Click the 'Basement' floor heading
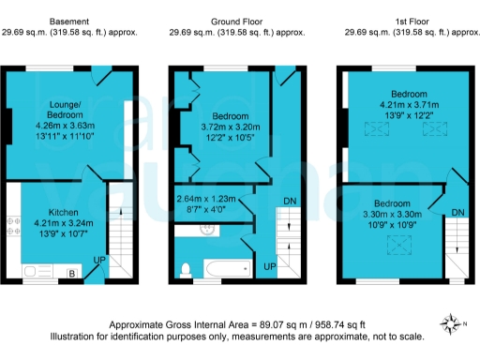coord(70,20)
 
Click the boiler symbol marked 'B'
coord(73,274)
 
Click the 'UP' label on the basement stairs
coord(97,259)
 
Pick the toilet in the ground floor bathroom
coord(185,270)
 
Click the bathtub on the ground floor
coord(224,271)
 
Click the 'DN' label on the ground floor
coord(292,201)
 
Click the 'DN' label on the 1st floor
coord(457,214)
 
